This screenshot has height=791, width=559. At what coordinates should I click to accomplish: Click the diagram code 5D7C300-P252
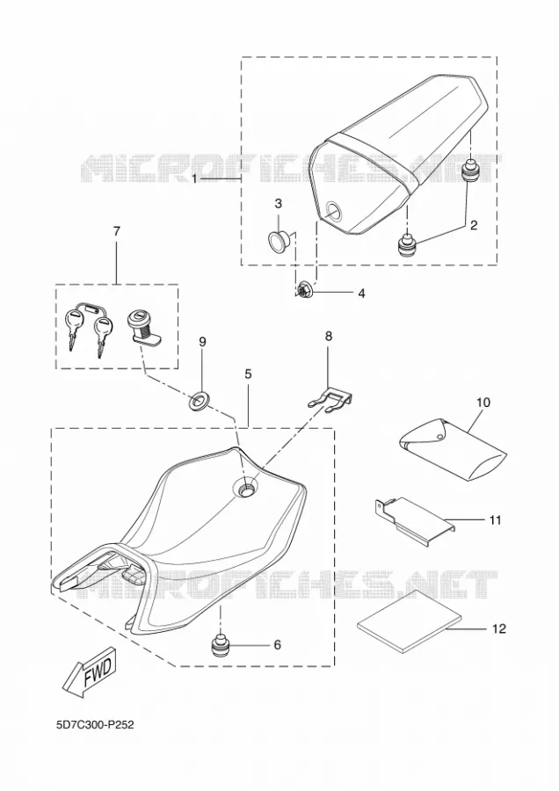pos(95,725)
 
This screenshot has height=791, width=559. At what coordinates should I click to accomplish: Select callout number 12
pos(498,628)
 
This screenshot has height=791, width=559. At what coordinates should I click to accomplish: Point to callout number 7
pos(117,231)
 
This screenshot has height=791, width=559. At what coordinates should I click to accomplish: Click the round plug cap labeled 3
pos(279,240)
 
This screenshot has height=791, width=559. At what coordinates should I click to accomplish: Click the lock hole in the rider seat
pos(247,488)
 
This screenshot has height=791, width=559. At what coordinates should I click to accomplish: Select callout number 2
pos(473,225)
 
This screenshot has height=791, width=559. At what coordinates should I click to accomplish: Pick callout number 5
pos(248,374)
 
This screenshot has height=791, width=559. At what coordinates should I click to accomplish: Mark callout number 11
pos(496,519)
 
